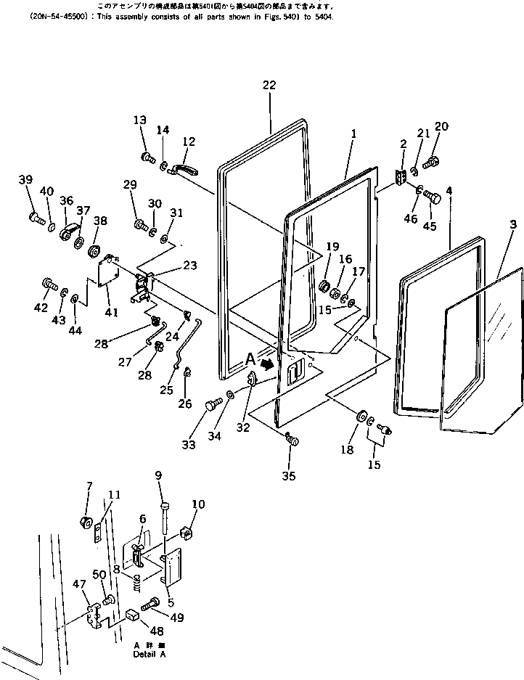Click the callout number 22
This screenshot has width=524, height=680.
click(x=269, y=86)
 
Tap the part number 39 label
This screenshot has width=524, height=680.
click(x=25, y=180)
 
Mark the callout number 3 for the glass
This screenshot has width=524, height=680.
click(x=513, y=226)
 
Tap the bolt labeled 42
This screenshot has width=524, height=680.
click(x=49, y=282)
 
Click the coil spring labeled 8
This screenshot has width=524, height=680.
click(x=135, y=581)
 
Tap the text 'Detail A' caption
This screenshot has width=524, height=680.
click(x=150, y=654)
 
